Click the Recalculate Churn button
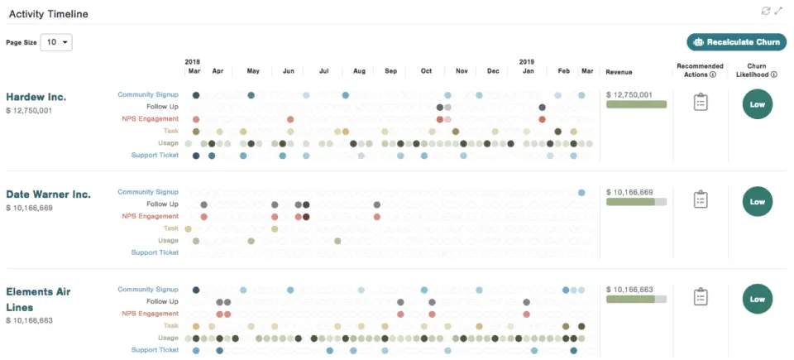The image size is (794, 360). [736, 42]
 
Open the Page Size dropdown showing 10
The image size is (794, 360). [56, 42]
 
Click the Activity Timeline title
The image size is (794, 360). [48, 14]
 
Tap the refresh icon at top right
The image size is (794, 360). [766, 11]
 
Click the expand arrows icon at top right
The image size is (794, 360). [778, 11]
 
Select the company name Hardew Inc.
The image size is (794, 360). [36, 97]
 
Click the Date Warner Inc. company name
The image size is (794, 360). [48, 194]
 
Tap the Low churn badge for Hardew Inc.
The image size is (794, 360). [758, 104]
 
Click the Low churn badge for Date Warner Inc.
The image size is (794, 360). [758, 201]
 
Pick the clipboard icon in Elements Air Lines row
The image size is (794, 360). [701, 297]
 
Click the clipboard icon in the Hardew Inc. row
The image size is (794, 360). [701, 103]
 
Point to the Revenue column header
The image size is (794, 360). [619, 72]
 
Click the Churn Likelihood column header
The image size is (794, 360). [757, 70]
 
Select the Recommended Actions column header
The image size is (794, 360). [700, 70]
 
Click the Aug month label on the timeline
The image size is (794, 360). [359, 72]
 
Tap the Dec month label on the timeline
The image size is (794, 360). [493, 72]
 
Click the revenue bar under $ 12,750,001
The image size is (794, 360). [636, 105]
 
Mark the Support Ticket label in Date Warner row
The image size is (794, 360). [155, 252]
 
